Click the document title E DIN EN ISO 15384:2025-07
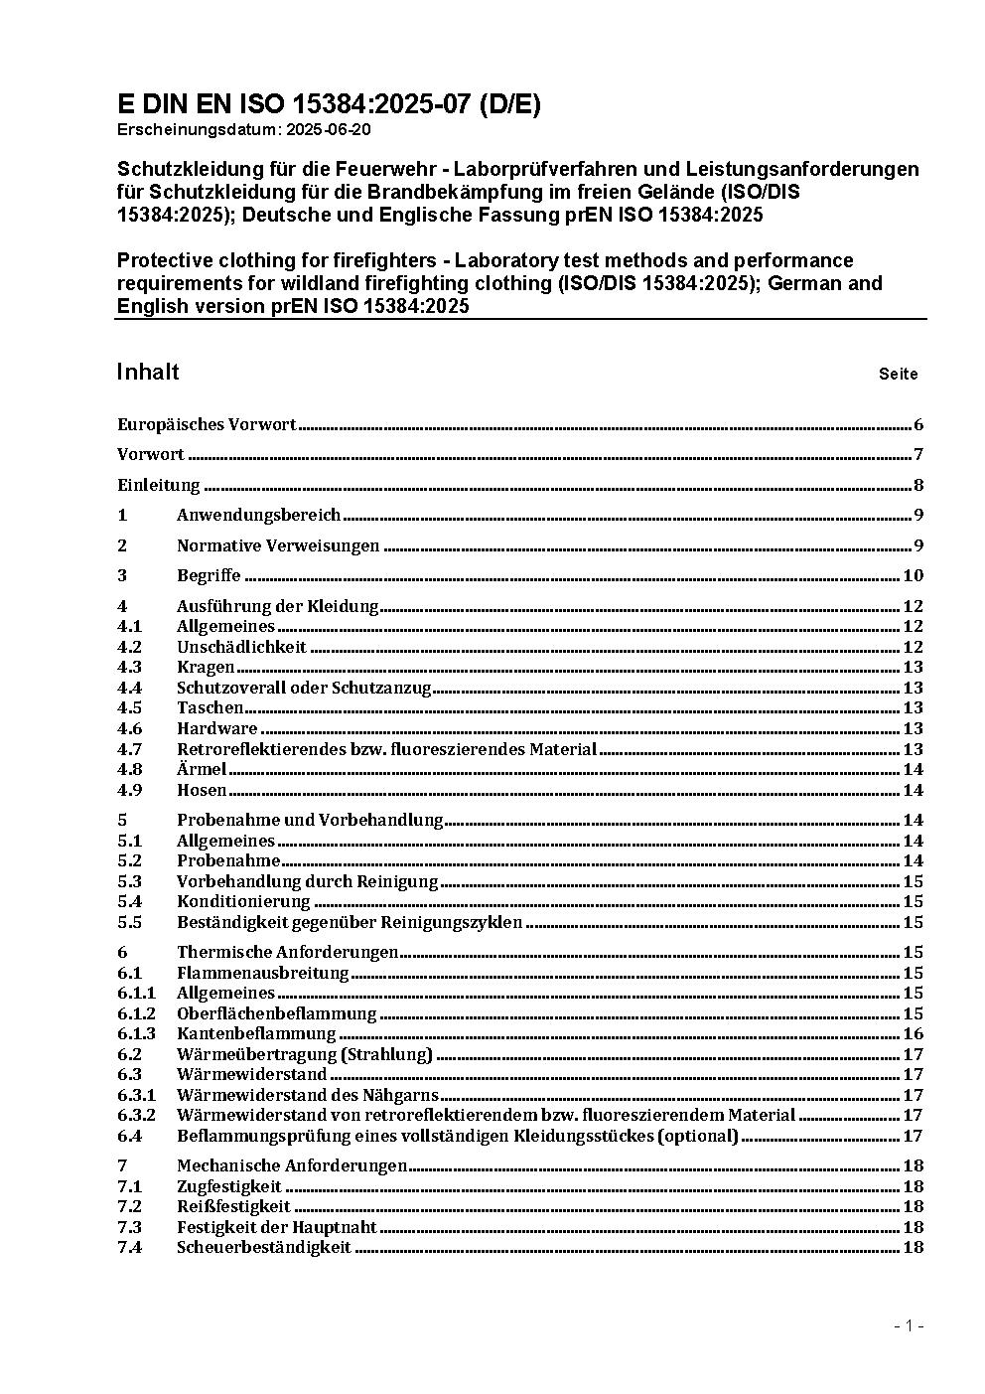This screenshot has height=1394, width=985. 329,104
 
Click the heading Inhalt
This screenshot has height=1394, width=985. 148,372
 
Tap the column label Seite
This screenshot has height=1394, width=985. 898,375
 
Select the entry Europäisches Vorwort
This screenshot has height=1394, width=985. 207,424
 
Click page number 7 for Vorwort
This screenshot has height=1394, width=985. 918,455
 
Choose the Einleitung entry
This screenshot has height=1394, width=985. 159,486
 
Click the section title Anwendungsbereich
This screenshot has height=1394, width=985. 258,515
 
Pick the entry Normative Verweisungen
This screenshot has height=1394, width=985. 278,545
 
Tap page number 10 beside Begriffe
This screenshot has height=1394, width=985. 913,575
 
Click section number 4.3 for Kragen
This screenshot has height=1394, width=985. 129,667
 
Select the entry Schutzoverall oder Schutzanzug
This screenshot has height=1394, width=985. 304,688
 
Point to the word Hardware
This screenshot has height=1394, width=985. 216,728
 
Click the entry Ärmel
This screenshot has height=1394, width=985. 202,769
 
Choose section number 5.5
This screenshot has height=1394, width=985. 129,922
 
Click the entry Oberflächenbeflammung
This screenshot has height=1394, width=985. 276,1013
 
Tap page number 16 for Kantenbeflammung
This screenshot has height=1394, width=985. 913,1034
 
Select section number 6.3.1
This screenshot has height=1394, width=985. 136,1095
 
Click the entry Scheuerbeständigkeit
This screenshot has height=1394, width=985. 263,1247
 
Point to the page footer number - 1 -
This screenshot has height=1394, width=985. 909,1325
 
